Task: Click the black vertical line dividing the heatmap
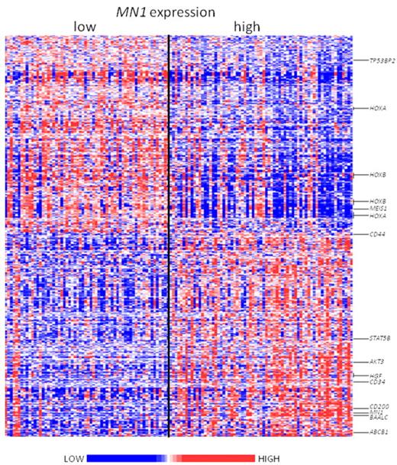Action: (168, 229)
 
